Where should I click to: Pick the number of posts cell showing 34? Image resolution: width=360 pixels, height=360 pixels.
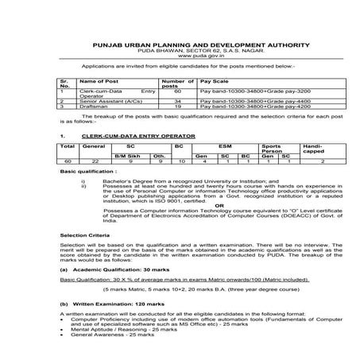[178, 103]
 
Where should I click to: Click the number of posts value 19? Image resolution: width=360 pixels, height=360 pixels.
[178, 108]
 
